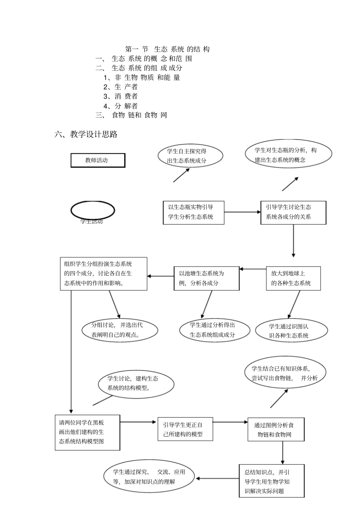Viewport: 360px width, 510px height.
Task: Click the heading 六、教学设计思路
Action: pyautogui.click(x=86, y=134)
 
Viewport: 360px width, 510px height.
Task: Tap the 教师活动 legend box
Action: pyautogui.click(x=98, y=160)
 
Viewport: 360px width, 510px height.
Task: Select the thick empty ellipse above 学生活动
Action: pyautogui.click(x=92, y=210)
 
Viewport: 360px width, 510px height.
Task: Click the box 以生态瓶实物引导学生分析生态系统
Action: pyautogui.click(x=193, y=212)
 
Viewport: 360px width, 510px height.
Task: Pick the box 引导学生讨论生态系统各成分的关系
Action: pyautogui.click(x=293, y=212)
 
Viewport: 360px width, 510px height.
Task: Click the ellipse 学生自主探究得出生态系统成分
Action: pyautogui.click(x=190, y=156)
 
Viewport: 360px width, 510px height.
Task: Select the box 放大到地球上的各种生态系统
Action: pyautogui.click(x=293, y=278)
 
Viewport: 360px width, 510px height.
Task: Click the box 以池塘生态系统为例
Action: pyautogui.click(x=207, y=278)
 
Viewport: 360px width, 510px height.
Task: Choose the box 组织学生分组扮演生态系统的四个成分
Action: pyautogui.click(x=103, y=274)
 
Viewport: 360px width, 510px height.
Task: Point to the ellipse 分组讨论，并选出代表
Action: pyautogui.click(x=120, y=330)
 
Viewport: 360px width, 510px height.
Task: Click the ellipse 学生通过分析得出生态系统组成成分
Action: pyautogui.click(x=214, y=330)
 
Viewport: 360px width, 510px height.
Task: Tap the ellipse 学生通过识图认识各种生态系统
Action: pyautogui.click(x=291, y=331)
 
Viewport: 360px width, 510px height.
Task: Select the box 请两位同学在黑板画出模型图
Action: pyautogui.click(x=87, y=432)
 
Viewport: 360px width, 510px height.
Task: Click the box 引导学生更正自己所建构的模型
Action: pyautogui.click(x=185, y=430)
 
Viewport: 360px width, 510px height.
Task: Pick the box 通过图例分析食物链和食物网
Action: pyautogui.click(x=276, y=430)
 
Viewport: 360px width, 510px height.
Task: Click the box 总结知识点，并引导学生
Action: pyautogui.click(x=271, y=481)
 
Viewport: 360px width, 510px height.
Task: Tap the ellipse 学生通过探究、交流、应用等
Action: pyautogui.click(x=149, y=477)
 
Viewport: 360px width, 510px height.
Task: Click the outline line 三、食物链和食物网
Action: pyautogui.click(x=131, y=115)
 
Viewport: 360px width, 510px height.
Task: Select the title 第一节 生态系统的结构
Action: pyautogui.click(x=167, y=49)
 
